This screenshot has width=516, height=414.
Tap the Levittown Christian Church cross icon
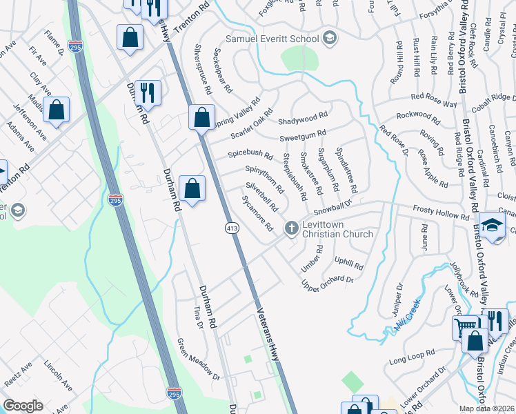pos(292,227)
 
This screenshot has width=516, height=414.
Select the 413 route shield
pos(231,227)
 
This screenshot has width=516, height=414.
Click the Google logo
pos(23,406)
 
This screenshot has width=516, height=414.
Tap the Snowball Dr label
pos(333,207)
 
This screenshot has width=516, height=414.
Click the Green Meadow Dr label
pos(197,359)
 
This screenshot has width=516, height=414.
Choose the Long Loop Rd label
pos(411,357)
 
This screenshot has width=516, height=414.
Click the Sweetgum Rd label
pos(301,134)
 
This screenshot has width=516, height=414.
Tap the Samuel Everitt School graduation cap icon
pos(330,38)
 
